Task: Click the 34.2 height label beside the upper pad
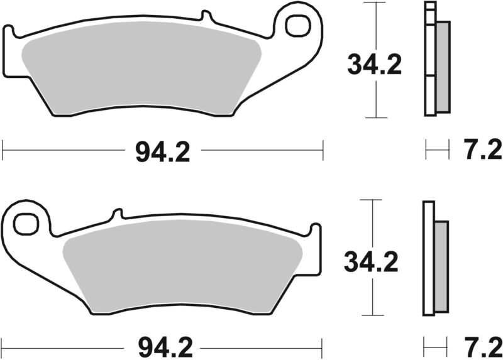coord(375,65)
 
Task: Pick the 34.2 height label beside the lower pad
coord(371,263)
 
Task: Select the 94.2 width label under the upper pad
coord(162,151)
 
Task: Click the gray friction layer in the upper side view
coord(443,66)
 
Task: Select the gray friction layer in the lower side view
coord(442,266)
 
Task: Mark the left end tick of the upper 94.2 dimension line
coord(3,150)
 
